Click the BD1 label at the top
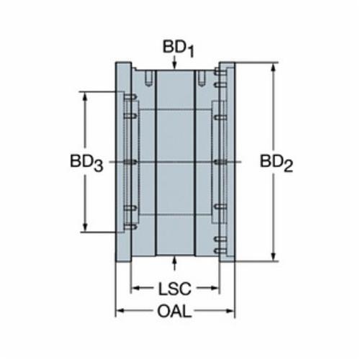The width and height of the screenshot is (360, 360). coord(179,49)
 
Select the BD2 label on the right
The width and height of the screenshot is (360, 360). coord(276,163)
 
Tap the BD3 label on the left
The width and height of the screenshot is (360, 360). coord(86,163)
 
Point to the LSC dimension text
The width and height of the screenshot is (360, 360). coord(175,289)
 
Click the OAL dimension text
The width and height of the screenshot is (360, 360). coord(174,311)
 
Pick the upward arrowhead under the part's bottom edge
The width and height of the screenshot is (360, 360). coord(174,260)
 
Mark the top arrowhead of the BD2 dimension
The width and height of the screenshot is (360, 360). coord(273,68)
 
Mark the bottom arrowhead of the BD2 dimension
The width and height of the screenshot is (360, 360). coord(273,256)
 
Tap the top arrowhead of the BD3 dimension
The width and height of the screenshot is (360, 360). coord(85,96)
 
